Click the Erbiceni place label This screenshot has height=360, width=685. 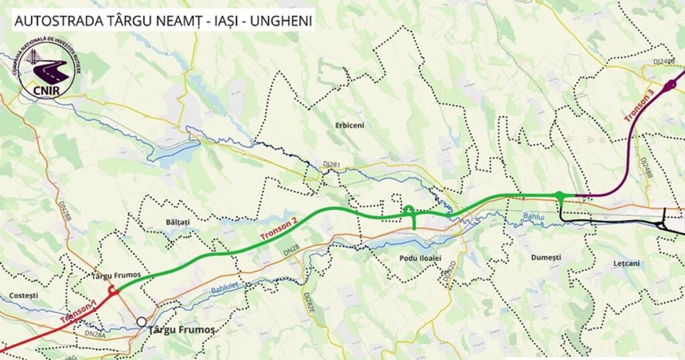click(x=351, y=125)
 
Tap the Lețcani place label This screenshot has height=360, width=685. click(x=626, y=263)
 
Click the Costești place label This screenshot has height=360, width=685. click(x=25, y=295)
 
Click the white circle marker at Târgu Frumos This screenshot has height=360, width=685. click(x=142, y=322)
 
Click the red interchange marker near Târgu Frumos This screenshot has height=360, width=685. click(x=114, y=290)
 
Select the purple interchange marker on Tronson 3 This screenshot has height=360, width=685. click(x=670, y=85)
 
